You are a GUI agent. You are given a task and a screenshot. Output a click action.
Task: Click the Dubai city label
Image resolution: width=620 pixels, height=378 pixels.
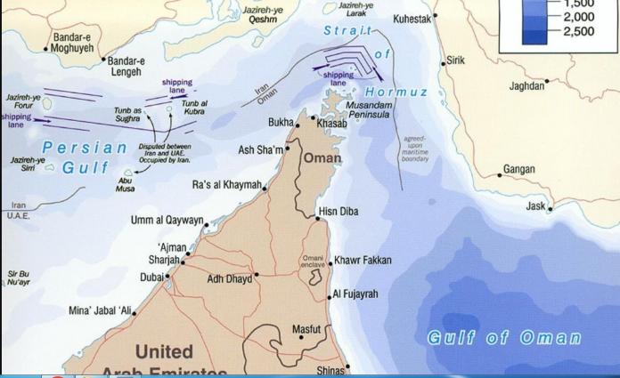151,277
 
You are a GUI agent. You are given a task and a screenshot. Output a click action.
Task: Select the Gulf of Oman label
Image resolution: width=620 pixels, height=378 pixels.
504,338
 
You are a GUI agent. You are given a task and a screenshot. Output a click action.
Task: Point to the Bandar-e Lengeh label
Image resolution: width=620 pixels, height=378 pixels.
126,67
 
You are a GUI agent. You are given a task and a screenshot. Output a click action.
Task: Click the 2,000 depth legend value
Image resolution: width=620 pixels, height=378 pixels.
578,17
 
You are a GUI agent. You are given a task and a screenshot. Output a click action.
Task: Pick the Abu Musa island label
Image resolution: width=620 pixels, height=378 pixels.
126,184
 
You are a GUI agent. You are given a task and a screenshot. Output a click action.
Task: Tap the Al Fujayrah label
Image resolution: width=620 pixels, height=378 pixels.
356,294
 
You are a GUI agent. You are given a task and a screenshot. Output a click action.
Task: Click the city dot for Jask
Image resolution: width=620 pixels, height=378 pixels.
551,210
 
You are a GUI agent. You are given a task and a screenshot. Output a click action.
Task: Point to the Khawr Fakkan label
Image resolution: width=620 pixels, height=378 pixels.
363,261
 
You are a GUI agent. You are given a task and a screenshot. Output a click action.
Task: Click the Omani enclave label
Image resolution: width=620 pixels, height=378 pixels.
313,261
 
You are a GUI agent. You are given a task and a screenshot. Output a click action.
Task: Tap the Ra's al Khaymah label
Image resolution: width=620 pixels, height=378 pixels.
226,185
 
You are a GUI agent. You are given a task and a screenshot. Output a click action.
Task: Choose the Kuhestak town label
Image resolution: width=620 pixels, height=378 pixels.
412,19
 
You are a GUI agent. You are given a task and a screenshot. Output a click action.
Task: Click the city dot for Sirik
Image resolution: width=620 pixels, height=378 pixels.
443,64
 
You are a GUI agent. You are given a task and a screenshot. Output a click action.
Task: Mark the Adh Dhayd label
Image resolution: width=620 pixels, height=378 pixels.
228,278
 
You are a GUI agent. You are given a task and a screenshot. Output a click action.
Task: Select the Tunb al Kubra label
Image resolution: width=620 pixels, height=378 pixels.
194,108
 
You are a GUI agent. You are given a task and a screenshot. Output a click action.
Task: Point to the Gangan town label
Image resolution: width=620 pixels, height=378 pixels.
519,169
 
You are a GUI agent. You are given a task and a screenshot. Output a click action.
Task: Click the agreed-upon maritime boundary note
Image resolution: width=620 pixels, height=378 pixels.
415,149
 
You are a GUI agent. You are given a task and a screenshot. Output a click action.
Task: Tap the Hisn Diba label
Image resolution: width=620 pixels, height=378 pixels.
338,212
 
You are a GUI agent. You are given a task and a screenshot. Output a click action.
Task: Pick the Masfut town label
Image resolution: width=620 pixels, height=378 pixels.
306,329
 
